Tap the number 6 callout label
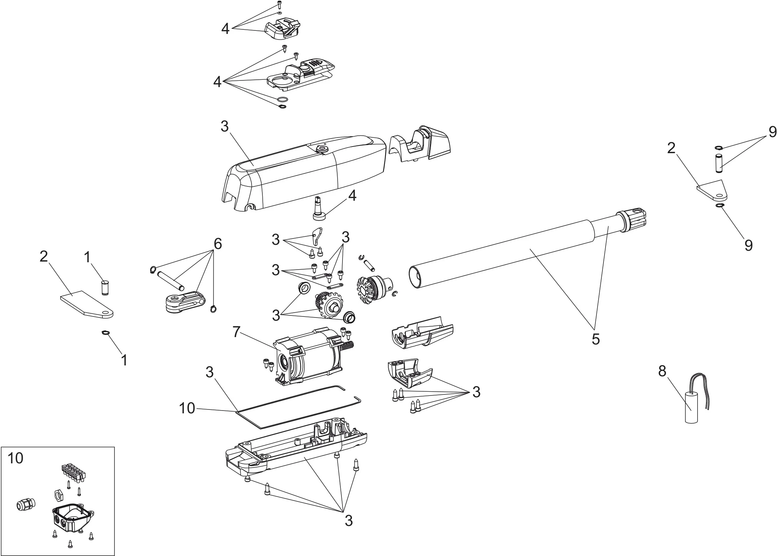pos(218,244)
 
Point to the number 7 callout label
pos(236,332)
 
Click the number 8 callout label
pos(662,371)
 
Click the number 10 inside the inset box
pos(15,458)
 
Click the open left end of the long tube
pos(415,278)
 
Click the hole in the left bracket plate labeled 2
pos(105,313)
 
